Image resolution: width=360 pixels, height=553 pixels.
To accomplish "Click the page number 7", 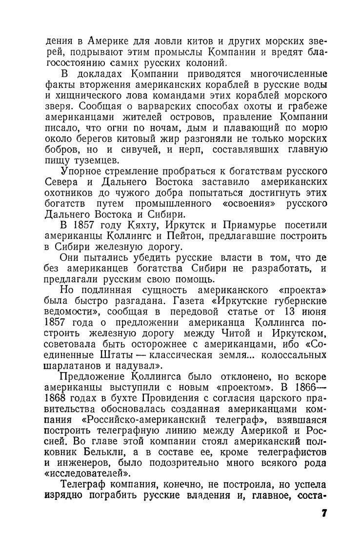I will pyautogui.click(x=324, y=514).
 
